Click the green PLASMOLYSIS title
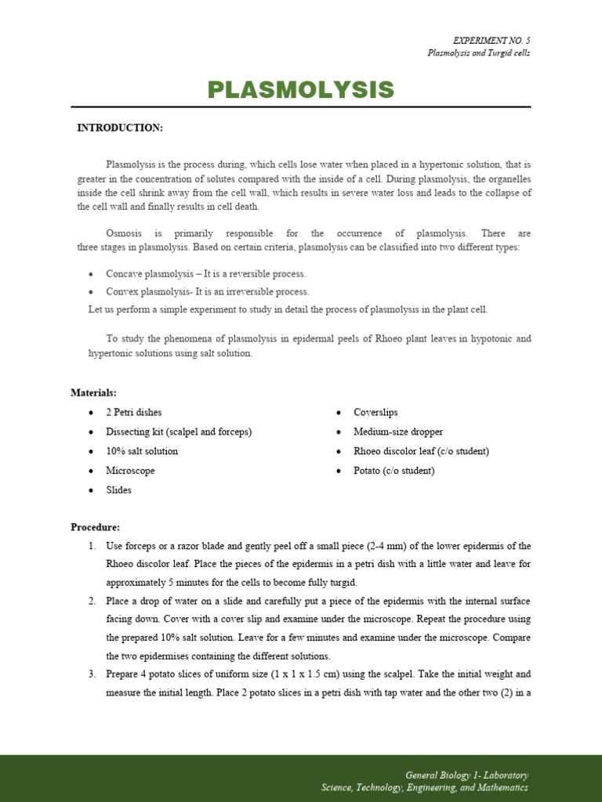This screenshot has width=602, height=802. point(300,90)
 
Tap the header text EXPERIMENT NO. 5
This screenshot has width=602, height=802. point(491,40)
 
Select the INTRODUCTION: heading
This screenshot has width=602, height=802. point(119,128)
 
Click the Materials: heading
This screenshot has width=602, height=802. point(93,392)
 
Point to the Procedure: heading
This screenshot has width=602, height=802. point(95,527)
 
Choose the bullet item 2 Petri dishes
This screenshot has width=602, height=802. point(134,412)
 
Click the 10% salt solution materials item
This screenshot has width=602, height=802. point(142,451)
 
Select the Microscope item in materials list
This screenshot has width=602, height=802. point(130,471)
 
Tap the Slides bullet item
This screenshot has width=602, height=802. point(118,490)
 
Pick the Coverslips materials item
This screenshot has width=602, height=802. point(375,412)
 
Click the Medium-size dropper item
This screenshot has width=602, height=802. point(397,432)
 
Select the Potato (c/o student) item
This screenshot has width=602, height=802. point(393,471)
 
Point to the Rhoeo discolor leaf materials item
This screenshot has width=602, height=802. point(421,451)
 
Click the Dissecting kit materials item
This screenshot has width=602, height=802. point(179,432)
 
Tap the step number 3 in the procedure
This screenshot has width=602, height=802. point(92,674)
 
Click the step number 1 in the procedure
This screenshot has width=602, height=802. point(92,546)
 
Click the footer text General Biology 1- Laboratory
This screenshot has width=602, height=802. point(466,775)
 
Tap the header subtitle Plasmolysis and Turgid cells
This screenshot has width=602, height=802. point(478,53)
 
